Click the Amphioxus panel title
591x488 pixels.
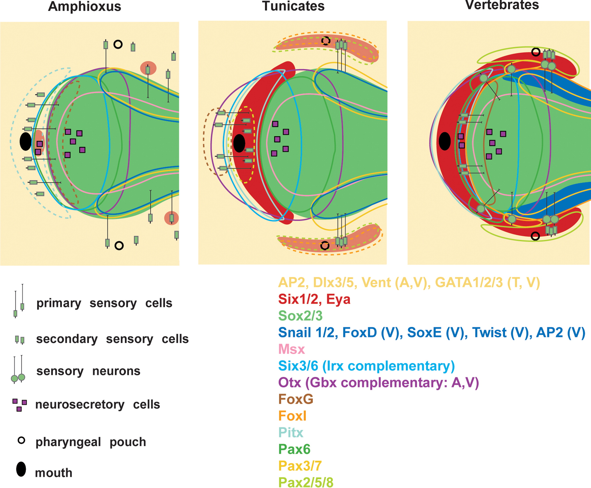click(85, 6)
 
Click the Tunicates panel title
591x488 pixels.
click(293, 6)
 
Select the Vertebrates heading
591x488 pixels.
click(502, 5)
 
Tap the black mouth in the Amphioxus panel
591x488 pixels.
click(26, 141)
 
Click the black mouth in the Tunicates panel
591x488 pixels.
click(239, 143)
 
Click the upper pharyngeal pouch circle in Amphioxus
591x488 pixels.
click(118, 44)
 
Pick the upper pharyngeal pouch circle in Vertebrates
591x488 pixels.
click(536, 52)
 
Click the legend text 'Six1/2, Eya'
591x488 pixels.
click(314, 299)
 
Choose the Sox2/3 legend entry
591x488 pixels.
click(300, 316)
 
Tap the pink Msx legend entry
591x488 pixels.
click(291, 349)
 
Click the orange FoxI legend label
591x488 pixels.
click(292, 416)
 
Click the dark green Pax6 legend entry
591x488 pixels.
click(294, 449)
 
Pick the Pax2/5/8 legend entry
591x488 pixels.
click(306, 482)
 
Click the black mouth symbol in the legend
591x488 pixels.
click(21, 469)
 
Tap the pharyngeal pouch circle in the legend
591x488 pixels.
click(21, 440)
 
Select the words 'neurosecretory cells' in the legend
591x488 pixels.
click(98, 405)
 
